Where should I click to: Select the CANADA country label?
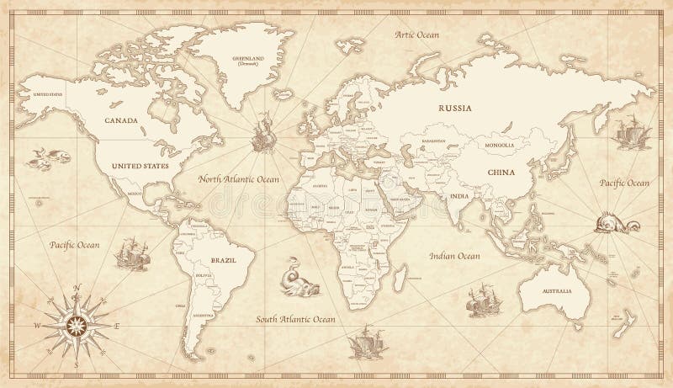click(x=121, y=120)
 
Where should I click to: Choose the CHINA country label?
click(x=500, y=172)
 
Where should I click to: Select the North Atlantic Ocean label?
click(x=240, y=179)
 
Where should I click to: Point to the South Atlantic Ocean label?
click(x=296, y=320)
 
